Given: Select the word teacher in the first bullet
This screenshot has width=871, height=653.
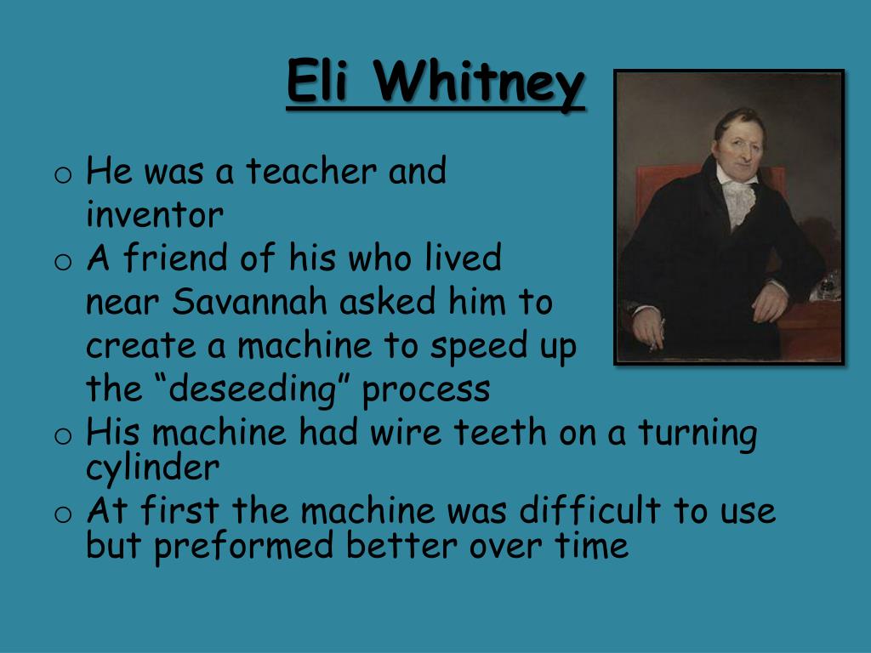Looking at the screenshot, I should pos(310,173).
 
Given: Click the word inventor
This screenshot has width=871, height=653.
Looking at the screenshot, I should pos(154,216).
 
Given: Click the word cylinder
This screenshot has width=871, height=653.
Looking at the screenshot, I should pos(152,468).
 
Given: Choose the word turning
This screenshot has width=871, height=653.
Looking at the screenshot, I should pos(697,434).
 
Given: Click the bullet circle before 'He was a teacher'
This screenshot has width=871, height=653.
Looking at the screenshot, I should pos(60,176).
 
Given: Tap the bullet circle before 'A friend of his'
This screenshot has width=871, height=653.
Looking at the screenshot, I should pos(60,262).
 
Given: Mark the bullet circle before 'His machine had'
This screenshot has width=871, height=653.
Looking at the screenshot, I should pos(60,436).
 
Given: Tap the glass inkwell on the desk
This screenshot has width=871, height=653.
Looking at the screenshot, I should pos(824,287).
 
